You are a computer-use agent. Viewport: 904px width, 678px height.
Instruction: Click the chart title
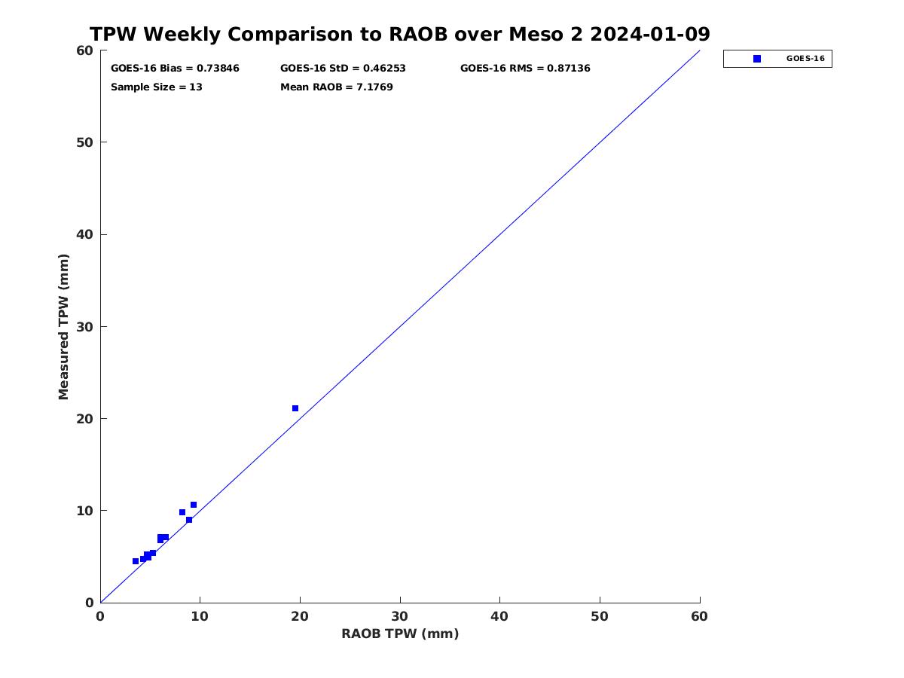click(x=399, y=34)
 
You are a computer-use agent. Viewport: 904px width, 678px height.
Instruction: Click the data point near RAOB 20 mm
click(x=295, y=408)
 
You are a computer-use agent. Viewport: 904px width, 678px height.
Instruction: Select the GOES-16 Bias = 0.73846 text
click(x=175, y=68)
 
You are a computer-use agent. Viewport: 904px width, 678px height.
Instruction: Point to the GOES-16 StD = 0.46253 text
click(x=343, y=68)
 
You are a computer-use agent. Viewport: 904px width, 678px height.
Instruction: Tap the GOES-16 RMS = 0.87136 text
click(x=525, y=68)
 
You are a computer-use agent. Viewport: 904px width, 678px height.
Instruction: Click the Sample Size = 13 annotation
click(x=157, y=87)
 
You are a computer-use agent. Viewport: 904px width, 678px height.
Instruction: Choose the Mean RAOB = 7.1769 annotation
click(x=337, y=87)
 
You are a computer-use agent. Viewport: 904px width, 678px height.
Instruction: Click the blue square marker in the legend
click(x=757, y=59)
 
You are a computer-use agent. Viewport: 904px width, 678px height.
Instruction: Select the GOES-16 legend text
click(x=805, y=59)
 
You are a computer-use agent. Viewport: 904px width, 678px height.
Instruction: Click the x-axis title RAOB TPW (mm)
click(x=400, y=634)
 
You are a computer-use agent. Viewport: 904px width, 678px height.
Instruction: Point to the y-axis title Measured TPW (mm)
click(x=63, y=327)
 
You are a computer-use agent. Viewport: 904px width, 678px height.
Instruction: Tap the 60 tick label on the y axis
click(x=84, y=50)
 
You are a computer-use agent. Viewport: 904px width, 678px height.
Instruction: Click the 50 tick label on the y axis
click(x=84, y=142)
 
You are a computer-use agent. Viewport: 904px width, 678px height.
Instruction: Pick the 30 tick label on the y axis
click(x=84, y=327)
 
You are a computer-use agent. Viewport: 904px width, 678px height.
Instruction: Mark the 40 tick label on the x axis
click(x=499, y=616)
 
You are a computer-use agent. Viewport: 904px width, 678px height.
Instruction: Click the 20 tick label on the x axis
click(x=300, y=616)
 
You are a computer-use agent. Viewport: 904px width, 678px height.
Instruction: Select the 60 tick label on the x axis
click(x=699, y=616)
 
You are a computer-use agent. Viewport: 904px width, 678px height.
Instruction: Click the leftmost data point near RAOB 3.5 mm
click(x=136, y=561)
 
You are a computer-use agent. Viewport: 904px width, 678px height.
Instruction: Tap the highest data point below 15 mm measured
click(x=194, y=505)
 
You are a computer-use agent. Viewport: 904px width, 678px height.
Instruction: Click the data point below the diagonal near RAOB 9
click(x=189, y=520)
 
